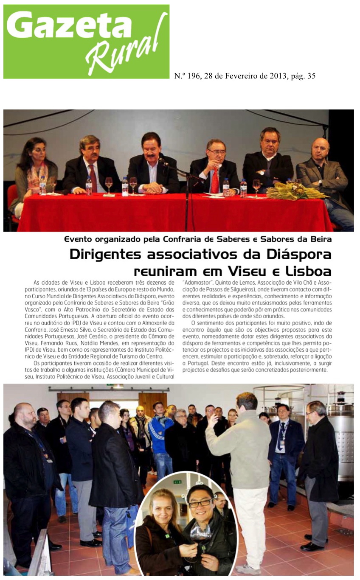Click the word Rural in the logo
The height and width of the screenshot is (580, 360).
point(127,51)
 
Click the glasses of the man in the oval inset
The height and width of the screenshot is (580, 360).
point(201,503)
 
